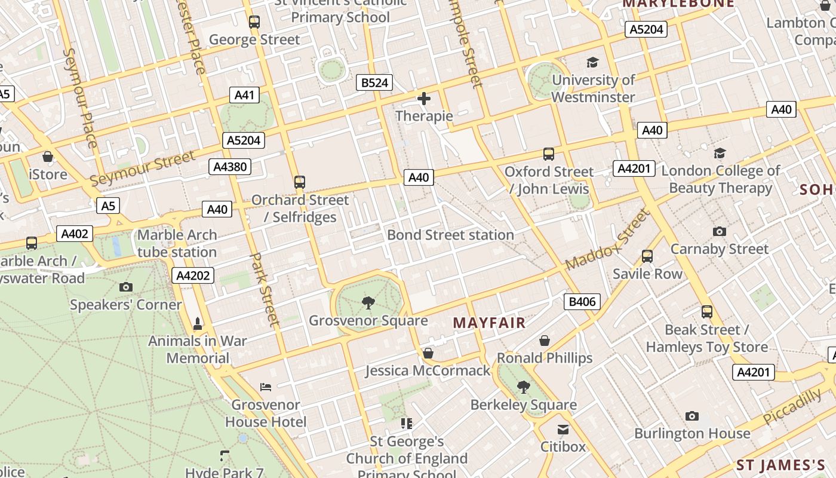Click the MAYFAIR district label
click(x=489, y=323)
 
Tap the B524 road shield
click(x=375, y=82)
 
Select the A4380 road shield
click(x=230, y=167)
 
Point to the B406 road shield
click(x=582, y=302)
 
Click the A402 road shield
click(x=75, y=234)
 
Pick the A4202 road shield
click(x=192, y=275)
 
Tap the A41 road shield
click(x=244, y=95)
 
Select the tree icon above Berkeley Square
click(x=524, y=387)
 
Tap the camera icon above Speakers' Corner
click(x=125, y=287)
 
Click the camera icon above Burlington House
click(x=692, y=416)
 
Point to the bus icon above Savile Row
click(x=647, y=256)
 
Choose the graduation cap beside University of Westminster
click(x=592, y=62)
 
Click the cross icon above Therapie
click(x=424, y=99)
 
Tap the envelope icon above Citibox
click(x=563, y=430)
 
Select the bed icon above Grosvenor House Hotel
click(x=266, y=387)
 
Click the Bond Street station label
click(x=450, y=235)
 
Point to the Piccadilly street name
click(x=792, y=406)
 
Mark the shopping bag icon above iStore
click(x=48, y=157)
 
